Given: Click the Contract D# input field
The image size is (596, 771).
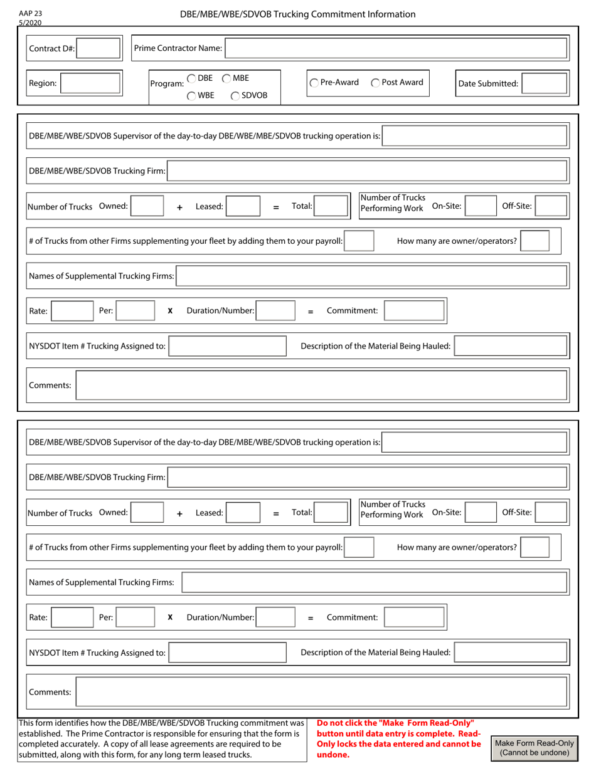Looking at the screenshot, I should tap(99, 48).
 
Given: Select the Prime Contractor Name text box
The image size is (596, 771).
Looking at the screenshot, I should tap(396, 48).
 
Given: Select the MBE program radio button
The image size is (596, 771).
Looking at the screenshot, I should tap(227, 78).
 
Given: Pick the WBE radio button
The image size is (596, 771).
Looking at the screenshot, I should tap(191, 96).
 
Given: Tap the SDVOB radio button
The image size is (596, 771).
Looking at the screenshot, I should tap(235, 96).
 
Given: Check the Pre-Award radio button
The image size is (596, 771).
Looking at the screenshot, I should tap(314, 83).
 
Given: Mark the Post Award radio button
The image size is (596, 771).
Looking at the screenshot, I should tap(375, 83).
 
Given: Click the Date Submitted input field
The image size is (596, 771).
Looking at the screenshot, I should tap(545, 83).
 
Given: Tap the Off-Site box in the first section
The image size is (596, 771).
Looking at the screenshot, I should tap(551, 206).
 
